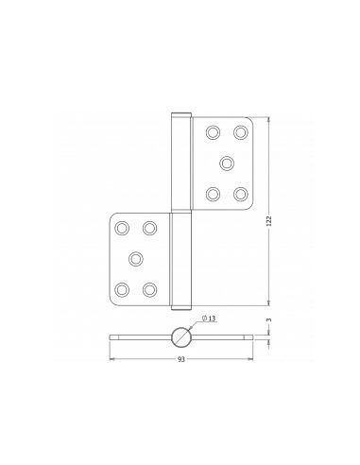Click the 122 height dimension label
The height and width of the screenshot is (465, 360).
(268, 221)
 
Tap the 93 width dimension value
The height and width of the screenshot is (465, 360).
(181, 359)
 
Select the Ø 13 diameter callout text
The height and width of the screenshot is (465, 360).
(209, 319)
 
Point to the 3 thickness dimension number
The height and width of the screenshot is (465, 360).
(268, 320)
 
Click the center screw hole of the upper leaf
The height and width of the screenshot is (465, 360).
(227, 164)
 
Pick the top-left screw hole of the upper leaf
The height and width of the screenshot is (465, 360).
(213, 132)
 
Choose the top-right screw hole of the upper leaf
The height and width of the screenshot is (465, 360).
(240, 132)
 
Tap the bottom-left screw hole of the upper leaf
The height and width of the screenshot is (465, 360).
(213, 194)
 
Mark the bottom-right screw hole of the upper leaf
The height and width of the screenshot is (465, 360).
(240, 194)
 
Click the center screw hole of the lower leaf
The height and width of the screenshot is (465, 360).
(136, 259)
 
